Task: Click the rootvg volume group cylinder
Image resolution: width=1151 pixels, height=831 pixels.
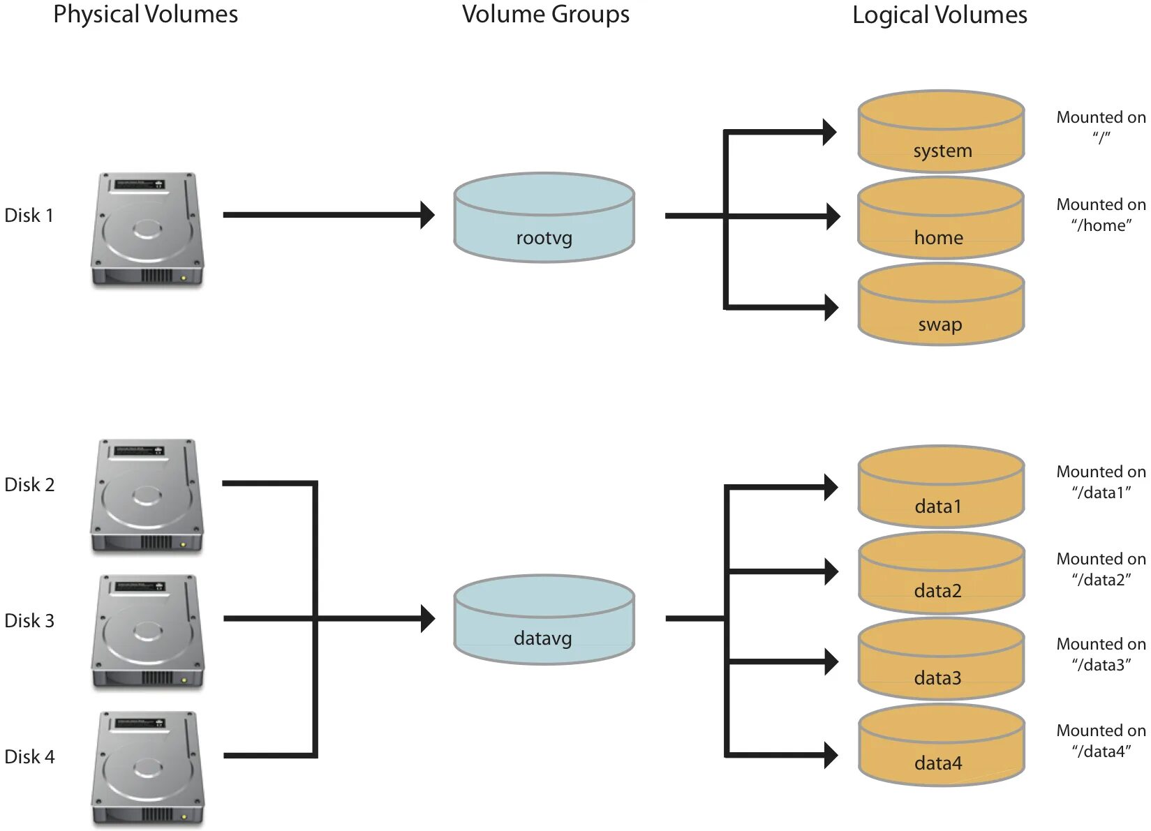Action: coord(544,218)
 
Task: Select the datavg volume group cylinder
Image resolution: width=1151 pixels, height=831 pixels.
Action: coord(544,620)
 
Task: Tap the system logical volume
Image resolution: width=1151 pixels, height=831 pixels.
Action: coord(940,132)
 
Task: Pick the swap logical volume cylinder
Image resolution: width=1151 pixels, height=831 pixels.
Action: coord(940,305)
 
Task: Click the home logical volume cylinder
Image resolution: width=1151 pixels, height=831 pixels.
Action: coord(940,218)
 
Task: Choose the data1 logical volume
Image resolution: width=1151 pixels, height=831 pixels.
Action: coord(940,487)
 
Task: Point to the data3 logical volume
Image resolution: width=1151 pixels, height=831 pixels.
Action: coord(940,659)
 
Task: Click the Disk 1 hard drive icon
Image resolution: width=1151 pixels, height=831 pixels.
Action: coord(147,230)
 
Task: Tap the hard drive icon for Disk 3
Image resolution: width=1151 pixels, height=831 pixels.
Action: coord(147,632)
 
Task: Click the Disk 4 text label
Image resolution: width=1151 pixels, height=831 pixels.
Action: coord(29,757)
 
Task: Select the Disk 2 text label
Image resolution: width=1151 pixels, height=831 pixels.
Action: coord(29,485)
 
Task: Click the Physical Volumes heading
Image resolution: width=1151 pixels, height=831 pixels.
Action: coord(145,15)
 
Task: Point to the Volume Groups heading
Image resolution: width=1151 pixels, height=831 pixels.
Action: coord(545,15)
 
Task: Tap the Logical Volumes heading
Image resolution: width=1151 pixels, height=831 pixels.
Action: coord(940,15)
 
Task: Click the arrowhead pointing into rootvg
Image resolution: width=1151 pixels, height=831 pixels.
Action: coord(427,215)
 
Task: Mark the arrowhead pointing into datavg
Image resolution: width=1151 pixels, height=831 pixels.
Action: coord(427,619)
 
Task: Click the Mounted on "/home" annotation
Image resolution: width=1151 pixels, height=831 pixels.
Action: coord(1101,215)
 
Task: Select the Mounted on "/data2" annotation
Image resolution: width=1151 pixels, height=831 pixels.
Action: coord(1101,569)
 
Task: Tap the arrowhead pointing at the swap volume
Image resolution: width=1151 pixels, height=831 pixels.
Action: coord(831,307)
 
